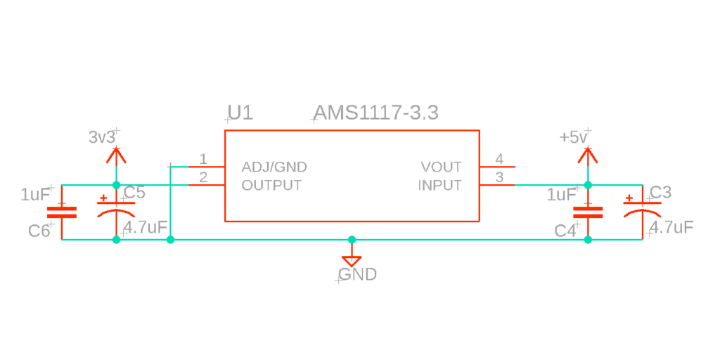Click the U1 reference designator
tap(240, 113)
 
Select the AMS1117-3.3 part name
tap(376, 112)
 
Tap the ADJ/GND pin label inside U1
tap(274, 167)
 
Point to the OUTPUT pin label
tap(271, 186)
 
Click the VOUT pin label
tap(441, 167)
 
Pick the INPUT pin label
tap(439, 186)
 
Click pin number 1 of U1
tap(203, 158)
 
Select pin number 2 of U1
tap(203, 176)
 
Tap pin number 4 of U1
tap(499, 158)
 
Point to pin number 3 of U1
tap(499, 176)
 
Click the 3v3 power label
tap(102, 137)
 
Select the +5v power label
tap(573, 137)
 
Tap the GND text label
tap(358, 274)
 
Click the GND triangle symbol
tap(352, 259)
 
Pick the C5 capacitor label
tap(134, 193)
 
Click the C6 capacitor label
tap(39, 231)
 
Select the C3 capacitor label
tap(660, 193)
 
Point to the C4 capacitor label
tap(565, 231)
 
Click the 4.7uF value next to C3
tap(671, 227)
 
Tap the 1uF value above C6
tap(35, 195)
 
